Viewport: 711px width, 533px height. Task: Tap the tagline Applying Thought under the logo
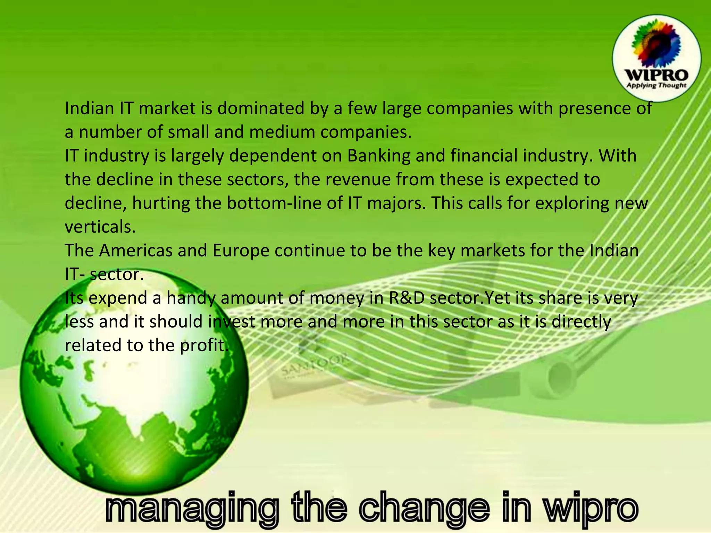coord(656,85)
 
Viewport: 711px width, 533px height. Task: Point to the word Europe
coord(241,251)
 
